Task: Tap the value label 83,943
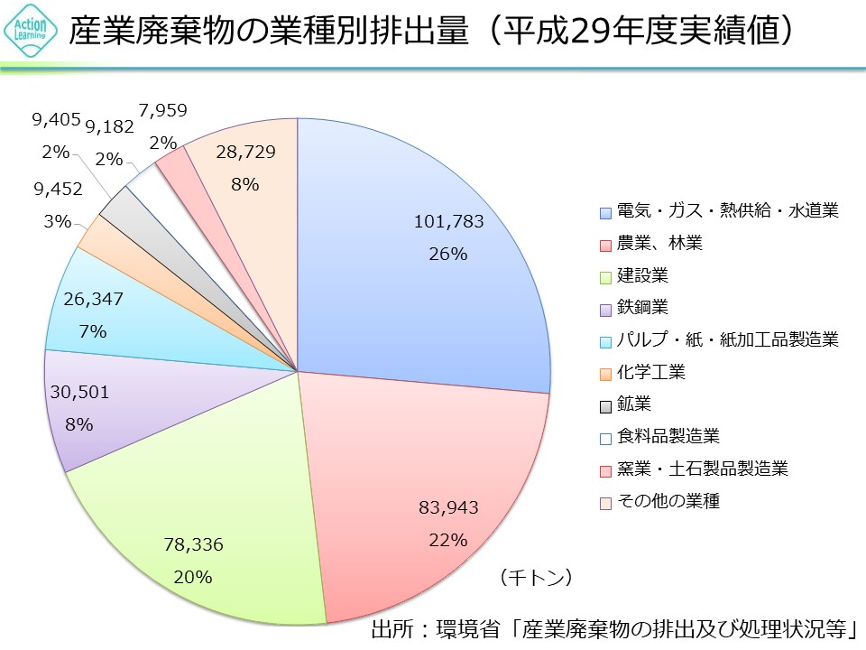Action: click(448, 508)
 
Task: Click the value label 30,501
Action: click(80, 391)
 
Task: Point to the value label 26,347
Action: click(93, 298)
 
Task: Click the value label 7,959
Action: click(164, 111)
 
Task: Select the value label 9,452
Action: click(58, 189)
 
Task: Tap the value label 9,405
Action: click(56, 119)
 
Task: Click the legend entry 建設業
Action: click(642, 275)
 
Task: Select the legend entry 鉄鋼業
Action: click(642, 308)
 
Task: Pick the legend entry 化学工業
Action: click(650, 372)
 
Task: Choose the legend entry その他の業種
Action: click(668, 501)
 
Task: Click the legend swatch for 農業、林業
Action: click(606, 245)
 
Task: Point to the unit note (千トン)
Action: click(536, 576)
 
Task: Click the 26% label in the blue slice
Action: click(448, 255)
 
